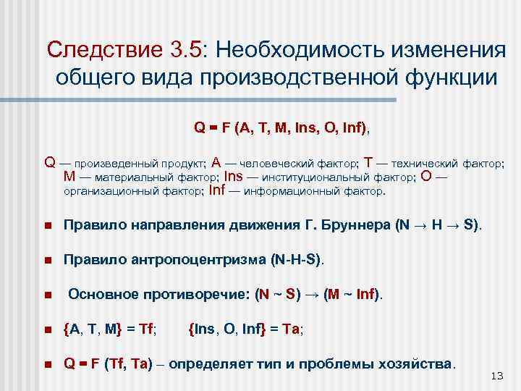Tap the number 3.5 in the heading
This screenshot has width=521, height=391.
(x=187, y=51)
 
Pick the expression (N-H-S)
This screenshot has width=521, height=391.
(x=297, y=259)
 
